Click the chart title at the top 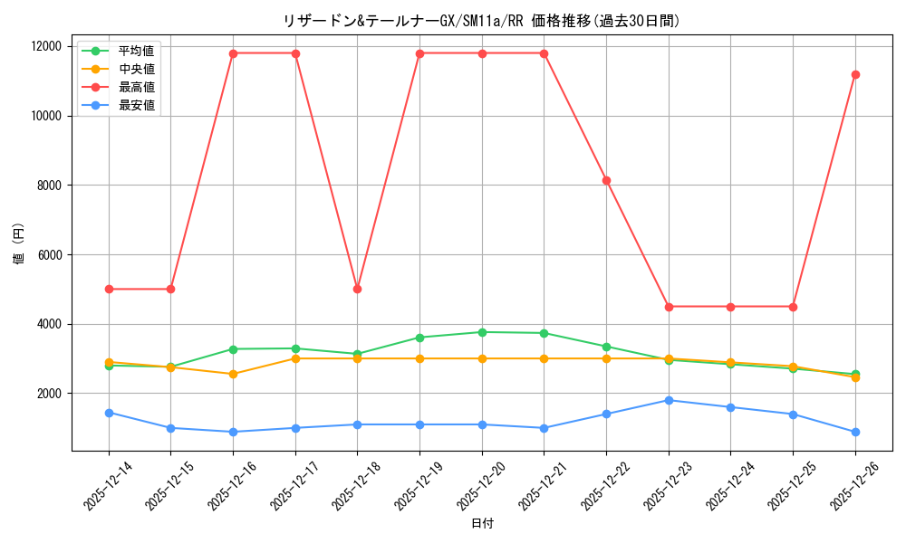[x=481, y=21]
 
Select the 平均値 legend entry [x=136, y=51]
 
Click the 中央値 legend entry [x=136, y=69]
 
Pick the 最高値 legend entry [x=136, y=87]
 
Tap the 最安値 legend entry [x=136, y=105]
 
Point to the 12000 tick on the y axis [x=44, y=46]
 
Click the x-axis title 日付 [x=482, y=524]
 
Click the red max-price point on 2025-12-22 [x=606, y=180]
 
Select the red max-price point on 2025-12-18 [x=357, y=289]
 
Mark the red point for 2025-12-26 [x=855, y=74]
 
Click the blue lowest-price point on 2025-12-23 [x=669, y=400]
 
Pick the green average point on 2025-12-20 [x=482, y=332]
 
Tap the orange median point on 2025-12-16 [x=233, y=374]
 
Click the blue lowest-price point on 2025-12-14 [x=109, y=413]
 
